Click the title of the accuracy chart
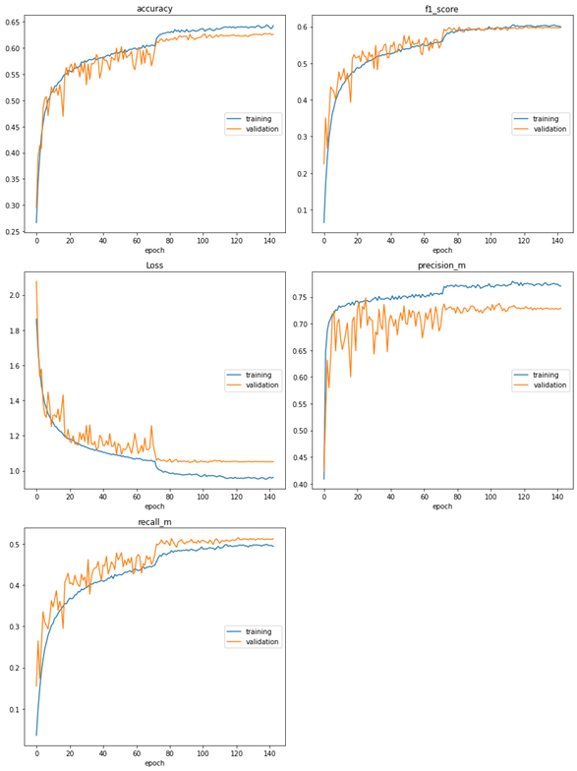pyautogui.click(x=154, y=8)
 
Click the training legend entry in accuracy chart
pyautogui.click(x=259, y=118)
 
